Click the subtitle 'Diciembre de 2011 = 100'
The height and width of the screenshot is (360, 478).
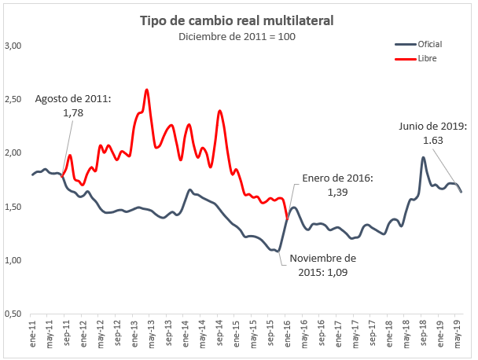coord(236,36)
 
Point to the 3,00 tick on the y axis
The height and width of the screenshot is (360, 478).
coord(13,46)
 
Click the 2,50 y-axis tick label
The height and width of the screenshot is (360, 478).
coord(13,99)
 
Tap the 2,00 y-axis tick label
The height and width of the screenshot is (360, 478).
coord(13,152)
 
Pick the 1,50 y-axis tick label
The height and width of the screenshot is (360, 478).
coord(13,206)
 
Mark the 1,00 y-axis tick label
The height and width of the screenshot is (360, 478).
coord(13,260)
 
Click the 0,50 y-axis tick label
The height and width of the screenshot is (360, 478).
coord(13,314)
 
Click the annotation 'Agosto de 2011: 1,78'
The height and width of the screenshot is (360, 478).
coord(72,106)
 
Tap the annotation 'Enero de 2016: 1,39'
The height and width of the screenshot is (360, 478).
coord(336,185)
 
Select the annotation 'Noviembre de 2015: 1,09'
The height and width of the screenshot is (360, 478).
coord(322,265)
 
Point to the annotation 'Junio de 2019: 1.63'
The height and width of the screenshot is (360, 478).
coord(433,132)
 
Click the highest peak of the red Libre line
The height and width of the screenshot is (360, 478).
coord(147,90)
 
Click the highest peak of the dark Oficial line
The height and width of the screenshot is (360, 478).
coord(423,157)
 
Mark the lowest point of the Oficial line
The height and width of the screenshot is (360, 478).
coord(278,251)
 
